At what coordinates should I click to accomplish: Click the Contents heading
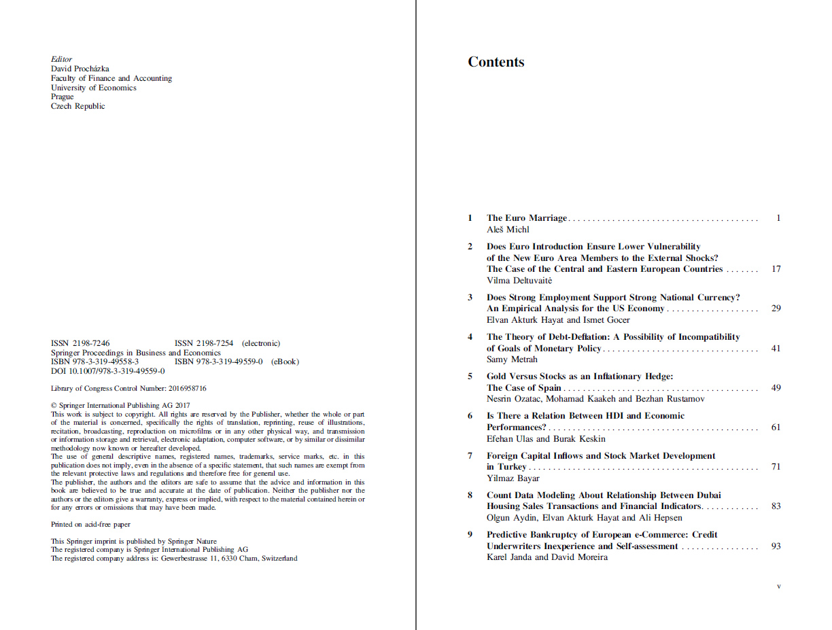(496, 62)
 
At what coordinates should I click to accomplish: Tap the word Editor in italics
(61, 59)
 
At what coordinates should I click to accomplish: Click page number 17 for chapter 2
(776, 269)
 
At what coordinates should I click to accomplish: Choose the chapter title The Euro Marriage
(526, 218)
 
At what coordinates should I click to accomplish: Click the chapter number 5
(470, 377)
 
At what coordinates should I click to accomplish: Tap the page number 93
(776, 546)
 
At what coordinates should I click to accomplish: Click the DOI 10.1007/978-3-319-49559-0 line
(107, 371)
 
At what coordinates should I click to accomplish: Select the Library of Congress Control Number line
(128, 389)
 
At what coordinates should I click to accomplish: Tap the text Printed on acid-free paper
(90, 525)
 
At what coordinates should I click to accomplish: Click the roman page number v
(778, 586)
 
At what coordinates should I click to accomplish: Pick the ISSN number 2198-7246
(80, 343)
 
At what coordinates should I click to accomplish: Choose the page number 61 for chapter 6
(776, 427)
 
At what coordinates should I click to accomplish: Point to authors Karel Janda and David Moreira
(547, 557)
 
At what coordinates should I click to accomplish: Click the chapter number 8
(470, 495)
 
